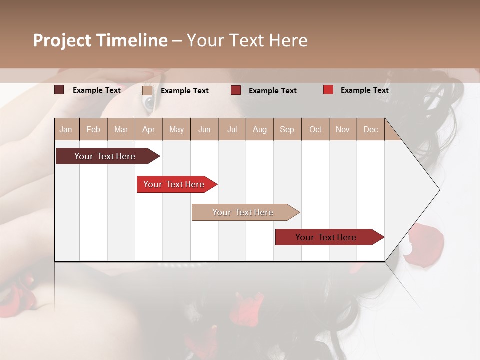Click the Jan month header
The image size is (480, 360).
(66, 129)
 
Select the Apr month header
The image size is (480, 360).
(148, 129)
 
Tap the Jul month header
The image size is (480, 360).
(232, 129)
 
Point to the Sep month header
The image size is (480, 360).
(287, 129)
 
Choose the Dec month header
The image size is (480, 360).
(370, 129)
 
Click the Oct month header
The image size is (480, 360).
(315, 129)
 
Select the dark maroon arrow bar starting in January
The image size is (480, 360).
(105, 156)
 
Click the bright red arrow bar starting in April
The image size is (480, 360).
(174, 184)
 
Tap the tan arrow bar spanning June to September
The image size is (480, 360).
(243, 212)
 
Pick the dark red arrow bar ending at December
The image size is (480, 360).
(326, 237)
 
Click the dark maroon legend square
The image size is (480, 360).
(59, 90)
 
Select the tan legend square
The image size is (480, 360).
(147, 90)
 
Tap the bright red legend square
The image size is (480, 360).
(328, 90)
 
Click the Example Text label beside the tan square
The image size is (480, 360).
(185, 91)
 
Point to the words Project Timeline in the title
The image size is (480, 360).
(100, 40)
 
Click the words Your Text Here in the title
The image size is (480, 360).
(247, 40)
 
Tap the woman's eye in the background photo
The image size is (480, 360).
(149, 103)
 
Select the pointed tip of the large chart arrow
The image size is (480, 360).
(438, 190)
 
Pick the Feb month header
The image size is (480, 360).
(93, 129)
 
